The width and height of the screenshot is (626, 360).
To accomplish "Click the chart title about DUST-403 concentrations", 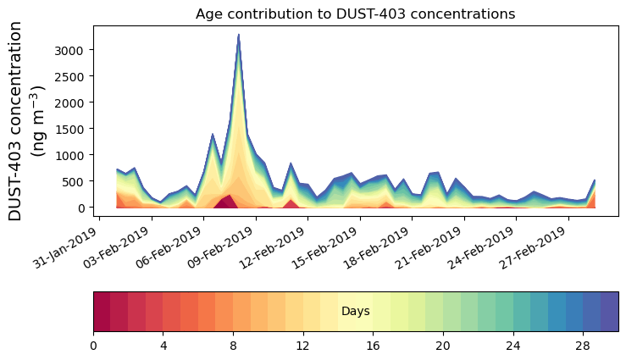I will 355,14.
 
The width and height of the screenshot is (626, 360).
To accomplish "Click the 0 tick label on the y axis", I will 81,208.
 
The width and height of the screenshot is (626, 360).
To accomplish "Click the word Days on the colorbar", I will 355,312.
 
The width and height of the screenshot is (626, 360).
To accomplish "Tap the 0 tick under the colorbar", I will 93,346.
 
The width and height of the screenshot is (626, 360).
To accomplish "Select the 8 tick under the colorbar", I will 233,346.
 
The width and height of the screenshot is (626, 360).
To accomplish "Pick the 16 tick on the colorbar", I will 373,346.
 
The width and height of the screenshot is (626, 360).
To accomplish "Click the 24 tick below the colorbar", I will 512,346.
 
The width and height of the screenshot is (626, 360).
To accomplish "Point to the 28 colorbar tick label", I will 583,346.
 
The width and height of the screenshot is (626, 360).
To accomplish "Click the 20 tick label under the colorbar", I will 443,346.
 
